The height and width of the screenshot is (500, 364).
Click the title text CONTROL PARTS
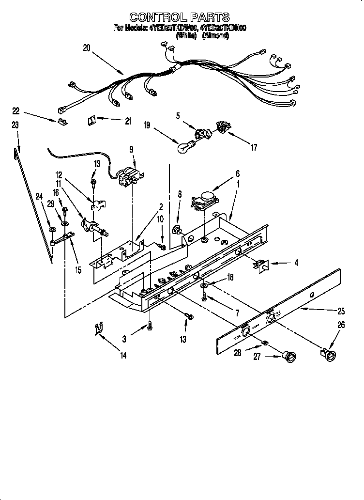(180, 18)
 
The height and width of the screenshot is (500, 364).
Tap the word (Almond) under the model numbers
(216, 36)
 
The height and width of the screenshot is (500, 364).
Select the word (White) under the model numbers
(186, 36)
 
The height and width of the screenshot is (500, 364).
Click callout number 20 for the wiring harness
(86, 47)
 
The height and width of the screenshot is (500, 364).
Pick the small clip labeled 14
(99, 329)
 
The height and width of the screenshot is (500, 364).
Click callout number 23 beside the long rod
(15, 125)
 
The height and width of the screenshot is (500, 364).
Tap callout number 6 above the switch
(237, 173)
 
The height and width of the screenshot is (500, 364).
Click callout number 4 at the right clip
(297, 263)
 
